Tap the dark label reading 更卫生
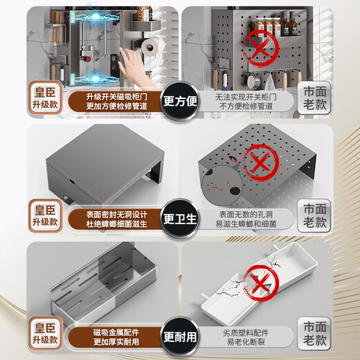coord(180,220)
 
